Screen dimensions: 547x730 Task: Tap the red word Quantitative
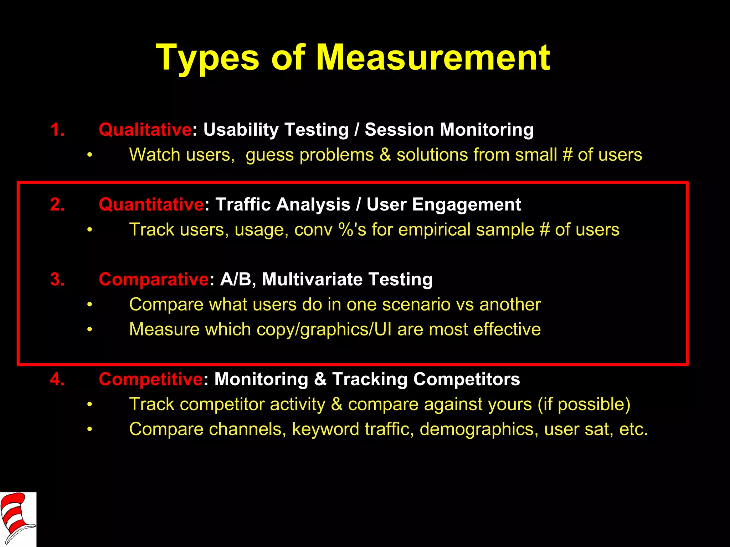[151, 204]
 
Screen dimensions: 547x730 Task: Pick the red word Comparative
[154, 279]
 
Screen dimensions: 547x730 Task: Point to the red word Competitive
[151, 379]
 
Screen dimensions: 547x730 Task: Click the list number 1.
[57, 130]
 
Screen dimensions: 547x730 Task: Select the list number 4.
[57, 379]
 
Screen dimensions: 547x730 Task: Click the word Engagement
[467, 204]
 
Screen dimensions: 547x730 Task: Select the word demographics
[479, 429]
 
